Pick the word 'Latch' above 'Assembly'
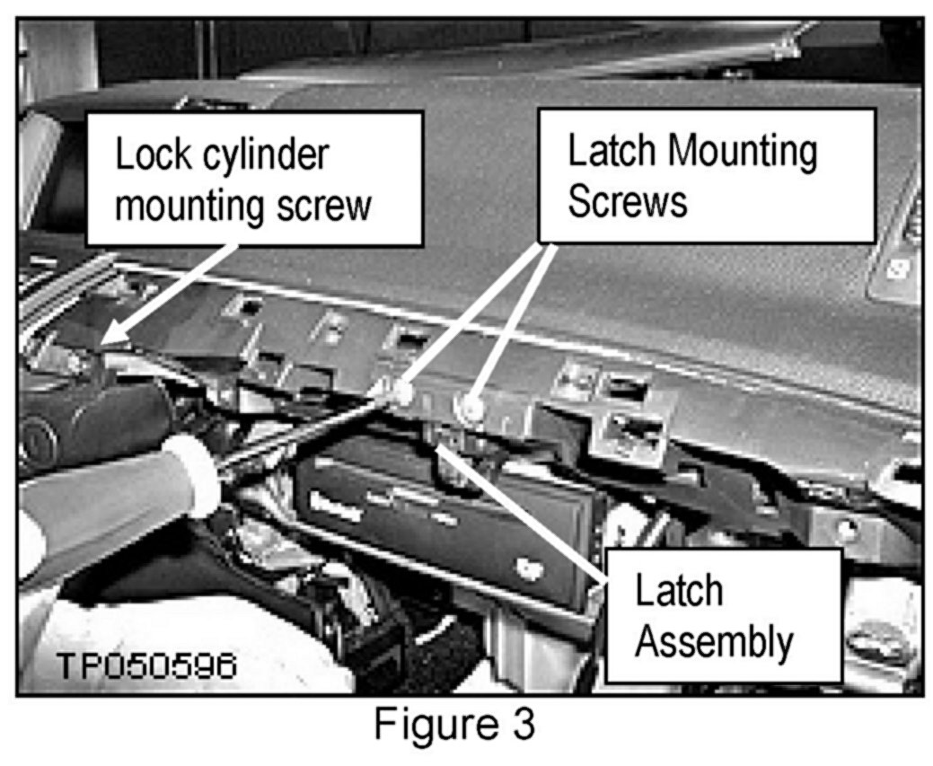[x=679, y=591]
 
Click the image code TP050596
[x=147, y=665]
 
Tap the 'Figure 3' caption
[x=454, y=725]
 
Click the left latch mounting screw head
[x=403, y=392]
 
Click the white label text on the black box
[x=337, y=509]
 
